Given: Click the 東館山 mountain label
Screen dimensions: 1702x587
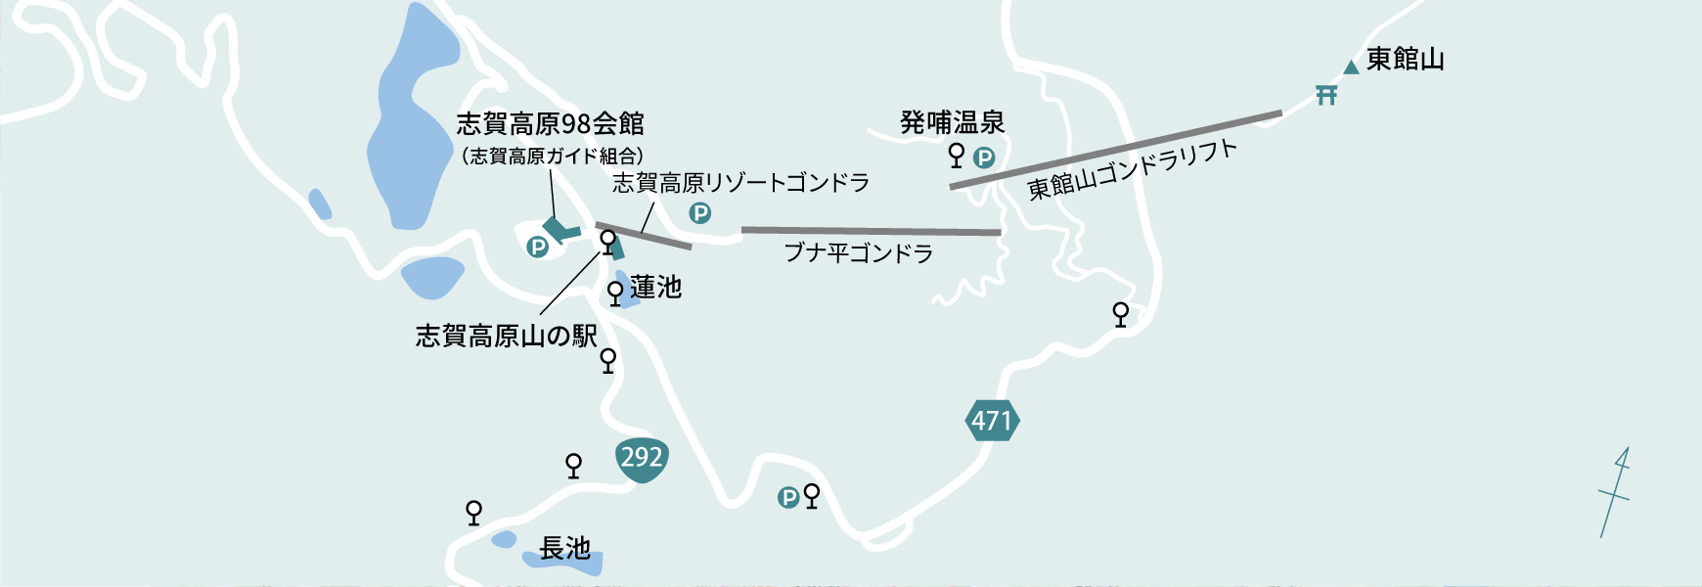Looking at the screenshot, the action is (x=1405, y=60).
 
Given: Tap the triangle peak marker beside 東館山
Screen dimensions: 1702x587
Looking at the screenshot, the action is (x=1351, y=68).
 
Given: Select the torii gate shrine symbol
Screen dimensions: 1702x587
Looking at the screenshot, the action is (x=1326, y=95).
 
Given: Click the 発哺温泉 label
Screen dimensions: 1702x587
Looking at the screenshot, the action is (x=952, y=123).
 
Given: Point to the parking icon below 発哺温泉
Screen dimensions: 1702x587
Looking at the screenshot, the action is (x=984, y=158).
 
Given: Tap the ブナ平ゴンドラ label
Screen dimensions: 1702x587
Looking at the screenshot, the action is (x=858, y=254).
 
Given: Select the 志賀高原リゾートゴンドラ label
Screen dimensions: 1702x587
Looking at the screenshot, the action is (x=740, y=183).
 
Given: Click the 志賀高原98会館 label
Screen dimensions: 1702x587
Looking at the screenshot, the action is (x=550, y=124).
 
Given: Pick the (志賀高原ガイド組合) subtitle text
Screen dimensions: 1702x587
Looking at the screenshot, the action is (x=552, y=157).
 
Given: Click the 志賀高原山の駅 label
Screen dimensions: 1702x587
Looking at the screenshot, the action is (x=506, y=337).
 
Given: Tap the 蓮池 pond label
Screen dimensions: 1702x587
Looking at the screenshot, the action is (x=655, y=288).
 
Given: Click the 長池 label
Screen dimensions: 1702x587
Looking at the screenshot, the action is (x=564, y=549).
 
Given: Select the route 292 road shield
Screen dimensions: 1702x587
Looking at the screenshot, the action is (x=642, y=458).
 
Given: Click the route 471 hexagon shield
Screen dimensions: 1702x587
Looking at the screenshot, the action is (x=991, y=421).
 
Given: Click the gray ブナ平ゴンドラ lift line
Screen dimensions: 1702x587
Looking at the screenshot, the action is (x=871, y=231).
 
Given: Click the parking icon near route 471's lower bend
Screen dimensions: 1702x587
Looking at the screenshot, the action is (x=788, y=498).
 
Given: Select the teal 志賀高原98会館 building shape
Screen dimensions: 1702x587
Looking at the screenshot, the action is (x=560, y=231).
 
